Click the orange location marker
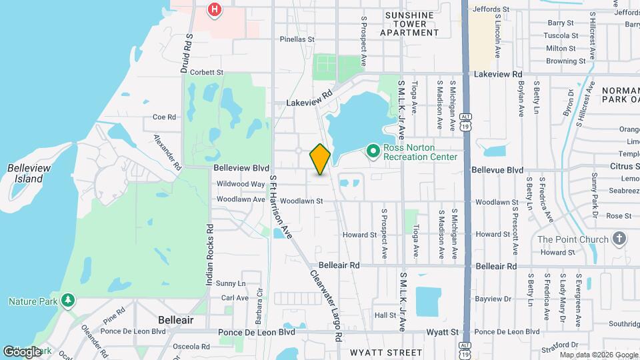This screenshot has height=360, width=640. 321,159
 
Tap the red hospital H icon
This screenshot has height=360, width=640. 215,9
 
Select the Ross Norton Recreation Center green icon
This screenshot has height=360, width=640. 372,152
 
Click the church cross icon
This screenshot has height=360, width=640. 619,239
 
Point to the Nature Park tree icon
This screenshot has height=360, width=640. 67,301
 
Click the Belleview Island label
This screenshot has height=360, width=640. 25,173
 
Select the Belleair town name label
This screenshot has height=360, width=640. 176,320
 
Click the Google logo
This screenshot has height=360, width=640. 22,351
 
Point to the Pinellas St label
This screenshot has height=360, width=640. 297,39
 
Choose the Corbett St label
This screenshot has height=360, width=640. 206,72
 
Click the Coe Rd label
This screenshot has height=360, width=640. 164,117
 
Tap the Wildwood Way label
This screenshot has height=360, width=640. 241,184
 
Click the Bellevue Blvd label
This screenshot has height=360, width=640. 497,170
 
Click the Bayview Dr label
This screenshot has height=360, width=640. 494,299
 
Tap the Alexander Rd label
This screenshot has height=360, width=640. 167,151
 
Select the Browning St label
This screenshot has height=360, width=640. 565,61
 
